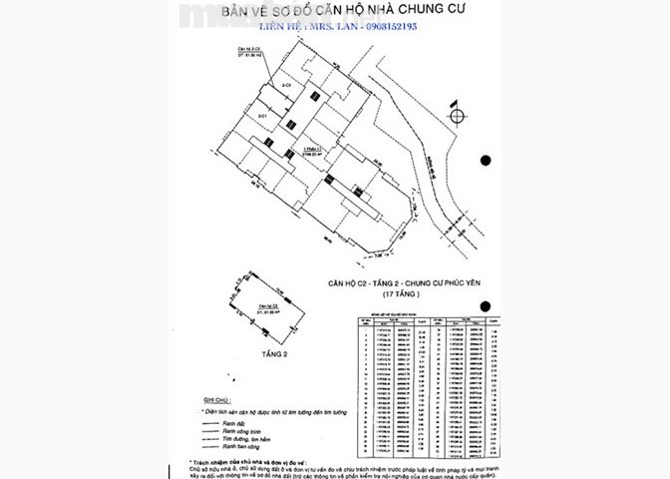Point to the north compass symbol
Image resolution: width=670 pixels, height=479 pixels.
tap(456, 115)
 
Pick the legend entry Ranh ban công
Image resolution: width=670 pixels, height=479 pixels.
tap(248, 444)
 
